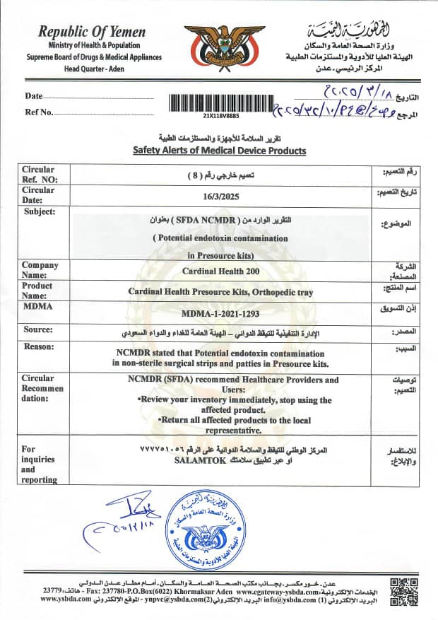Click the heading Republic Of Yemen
pos(93,32)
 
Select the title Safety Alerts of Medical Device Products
pos(219,151)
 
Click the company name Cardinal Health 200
pos(218,271)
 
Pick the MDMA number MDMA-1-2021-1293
pos(218,312)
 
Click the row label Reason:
pos(39,346)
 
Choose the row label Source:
pos(38,329)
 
